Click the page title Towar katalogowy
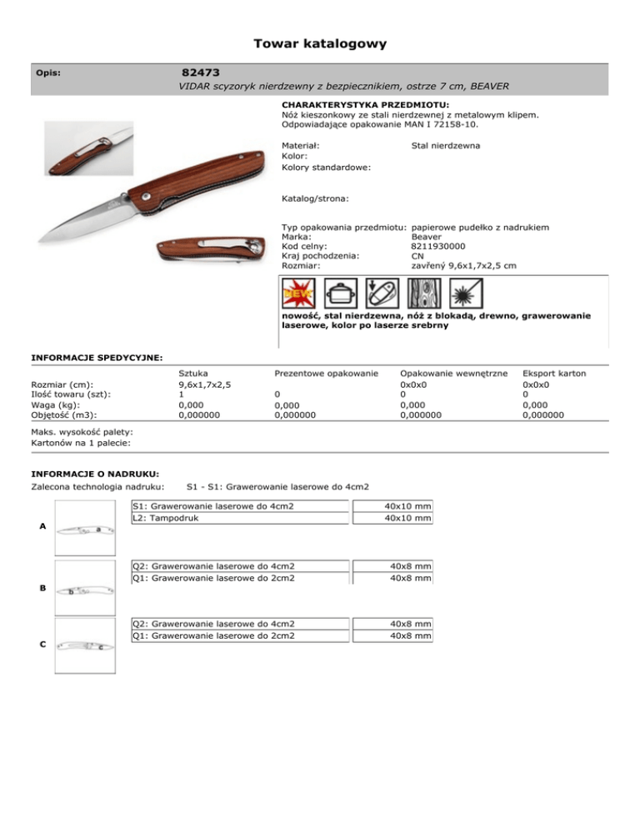(x=320, y=43)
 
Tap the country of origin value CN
(x=419, y=255)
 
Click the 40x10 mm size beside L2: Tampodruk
(x=407, y=518)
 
